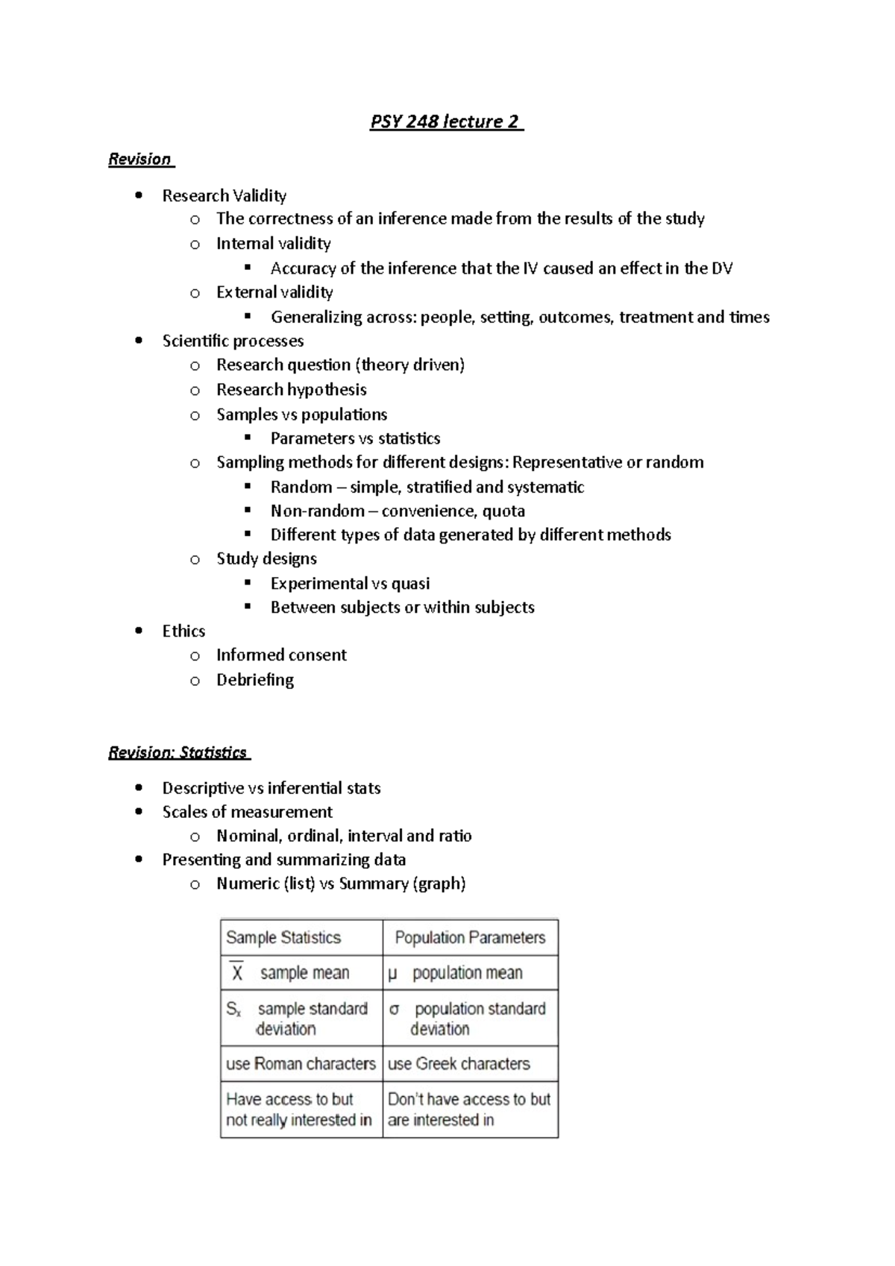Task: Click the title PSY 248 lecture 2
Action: [446, 122]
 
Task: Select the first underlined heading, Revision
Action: [140, 159]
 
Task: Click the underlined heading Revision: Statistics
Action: [178, 752]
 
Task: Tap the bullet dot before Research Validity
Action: [139, 196]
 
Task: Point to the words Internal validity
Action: [273, 244]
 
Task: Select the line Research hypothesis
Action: [291, 390]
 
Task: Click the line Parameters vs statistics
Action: [355, 438]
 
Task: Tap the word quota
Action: [503, 511]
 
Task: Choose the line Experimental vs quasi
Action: [350, 584]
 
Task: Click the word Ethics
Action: [183, 632]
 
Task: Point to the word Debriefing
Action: [255, 680]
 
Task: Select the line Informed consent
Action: [281, 655]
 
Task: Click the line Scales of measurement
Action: [247, 812]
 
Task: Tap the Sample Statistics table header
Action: [283, 938]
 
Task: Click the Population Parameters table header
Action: [470, 938]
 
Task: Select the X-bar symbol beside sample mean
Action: [237, 972]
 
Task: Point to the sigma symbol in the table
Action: [395, 1009]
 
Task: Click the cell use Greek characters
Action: [459, 1064]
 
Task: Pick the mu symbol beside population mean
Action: [393, 974]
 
